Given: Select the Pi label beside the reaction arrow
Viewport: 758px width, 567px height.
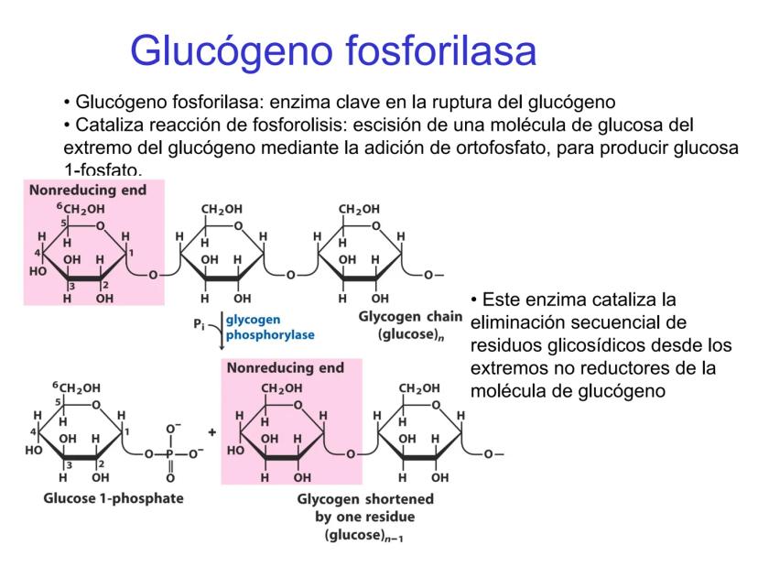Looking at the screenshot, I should (x=198, y=322).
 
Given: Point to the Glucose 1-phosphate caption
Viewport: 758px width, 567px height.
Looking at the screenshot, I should (x=114, y=498).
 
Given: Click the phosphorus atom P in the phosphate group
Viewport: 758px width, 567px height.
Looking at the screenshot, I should (x=170, y=453).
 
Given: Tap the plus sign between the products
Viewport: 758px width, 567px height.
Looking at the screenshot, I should (x=211, y=431).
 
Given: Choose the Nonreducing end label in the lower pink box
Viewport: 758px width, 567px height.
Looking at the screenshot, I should (x=286, y=368).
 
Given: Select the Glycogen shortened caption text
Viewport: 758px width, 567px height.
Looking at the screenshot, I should (x=365, y=500).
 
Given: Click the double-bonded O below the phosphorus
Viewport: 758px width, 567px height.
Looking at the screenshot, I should (x=170, y=477).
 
